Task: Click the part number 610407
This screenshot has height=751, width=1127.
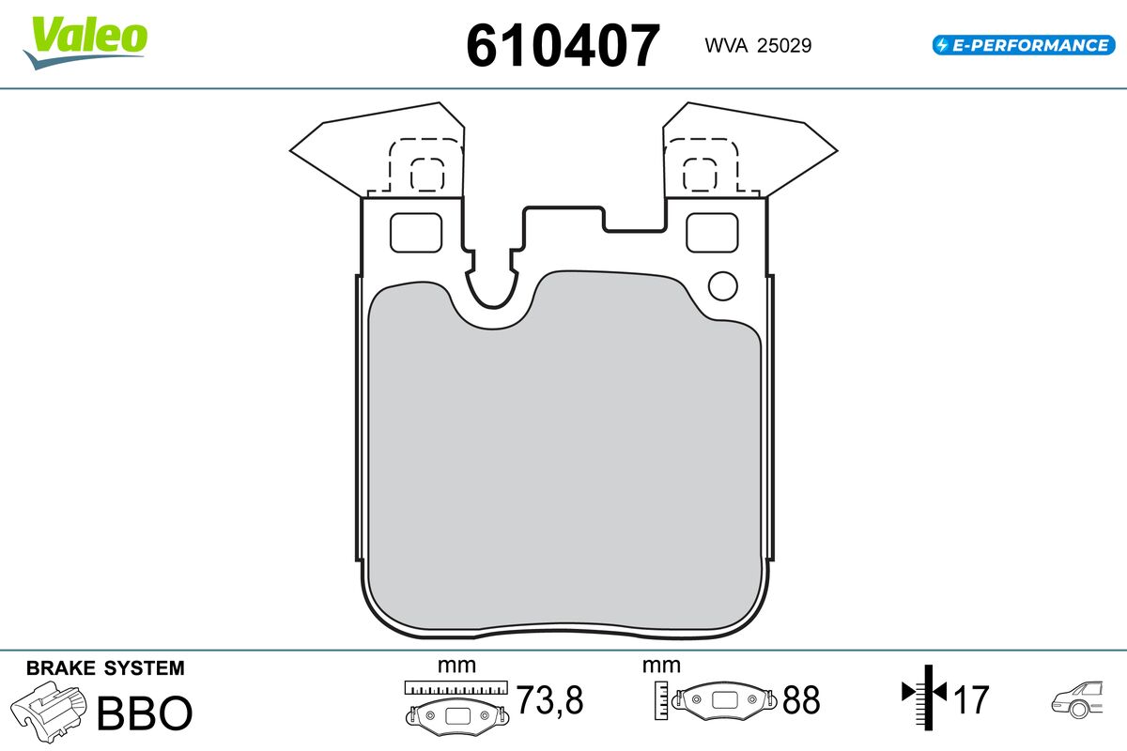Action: [563, 45]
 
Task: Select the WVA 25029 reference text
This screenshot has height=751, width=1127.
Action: [758, 45]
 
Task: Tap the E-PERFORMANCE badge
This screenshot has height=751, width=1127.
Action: [1024, 45]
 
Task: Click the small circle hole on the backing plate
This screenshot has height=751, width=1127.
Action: [723, 286]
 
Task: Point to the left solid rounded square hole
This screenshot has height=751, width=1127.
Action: [416, 233]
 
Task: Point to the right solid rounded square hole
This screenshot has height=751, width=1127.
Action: [712, 233]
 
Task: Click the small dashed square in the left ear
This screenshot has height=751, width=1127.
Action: [427, 175]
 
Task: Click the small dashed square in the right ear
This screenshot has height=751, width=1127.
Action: [700, 175]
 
